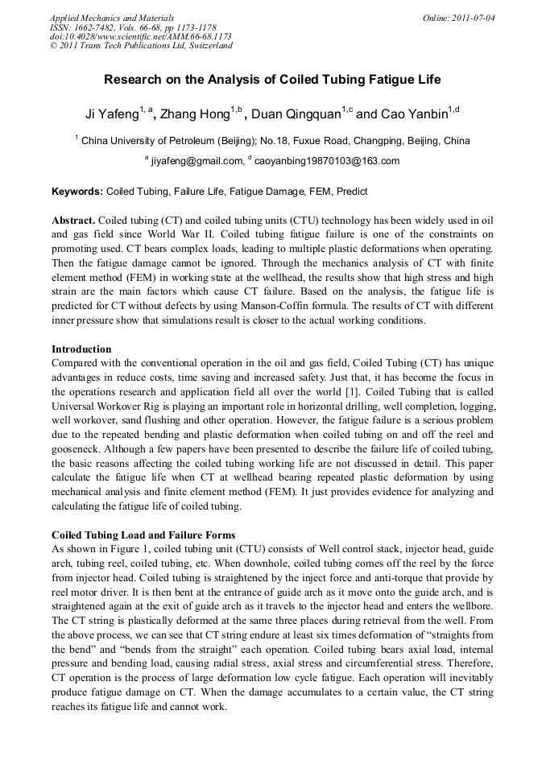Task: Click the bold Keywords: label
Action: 77,192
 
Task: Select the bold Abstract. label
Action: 74,220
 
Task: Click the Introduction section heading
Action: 81,349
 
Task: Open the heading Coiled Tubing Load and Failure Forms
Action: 143,535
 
